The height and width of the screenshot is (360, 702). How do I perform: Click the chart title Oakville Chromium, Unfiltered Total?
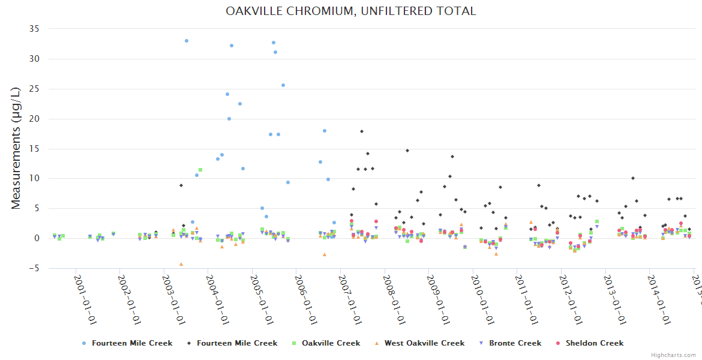click(x=350, y=11)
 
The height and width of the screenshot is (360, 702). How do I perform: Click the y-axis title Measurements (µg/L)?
click(x=16, y=148)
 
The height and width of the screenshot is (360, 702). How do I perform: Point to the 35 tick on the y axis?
click(x=34, y=29)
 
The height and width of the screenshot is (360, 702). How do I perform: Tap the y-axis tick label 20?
click(x=34, y=119)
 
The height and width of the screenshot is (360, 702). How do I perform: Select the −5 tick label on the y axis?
click(x=33, y=268)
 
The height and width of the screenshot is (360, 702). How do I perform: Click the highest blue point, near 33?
click(x=187, y=41)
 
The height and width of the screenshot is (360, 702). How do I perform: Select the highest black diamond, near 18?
click(x=362, y=131)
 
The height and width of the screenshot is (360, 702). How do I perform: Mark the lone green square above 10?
click(x=200, y=170)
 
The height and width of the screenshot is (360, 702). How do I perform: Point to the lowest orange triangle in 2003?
click(x=181, y=264)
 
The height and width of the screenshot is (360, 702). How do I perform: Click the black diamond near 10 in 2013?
click(x=632, y=178)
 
